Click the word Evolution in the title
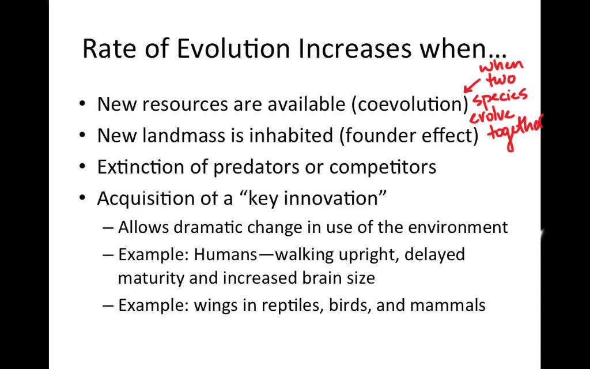point(233,49)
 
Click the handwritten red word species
point(500,98)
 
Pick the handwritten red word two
point(501,80)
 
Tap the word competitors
point(383,168)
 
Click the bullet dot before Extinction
point(83,168)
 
